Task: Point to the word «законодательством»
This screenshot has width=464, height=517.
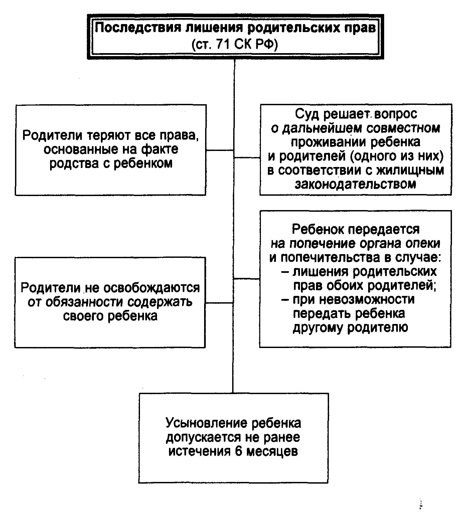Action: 355,184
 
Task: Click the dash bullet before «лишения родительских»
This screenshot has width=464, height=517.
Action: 286,272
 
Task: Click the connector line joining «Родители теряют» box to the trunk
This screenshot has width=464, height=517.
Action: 219,150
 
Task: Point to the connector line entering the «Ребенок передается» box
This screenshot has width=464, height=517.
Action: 247,279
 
